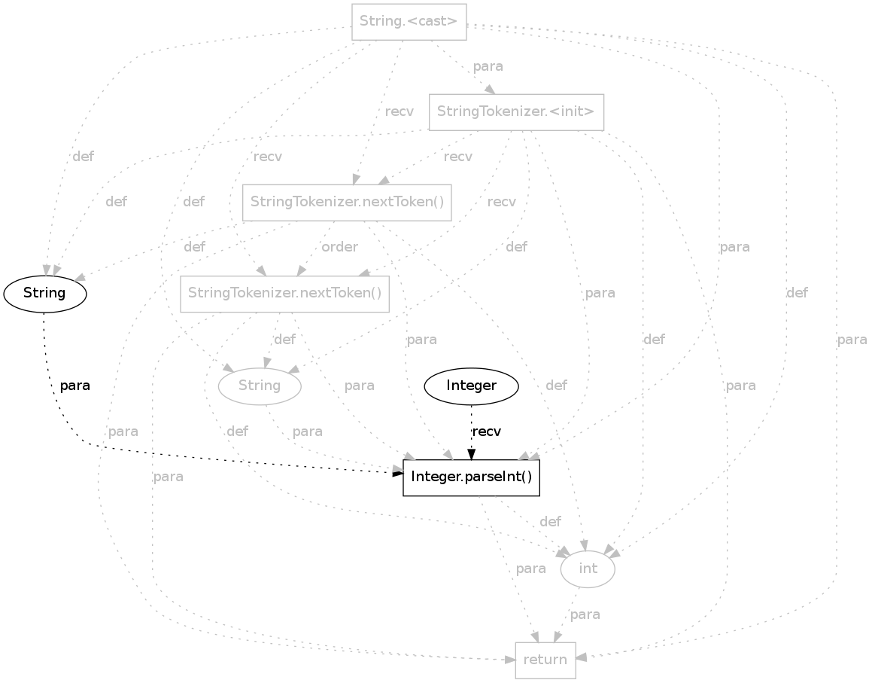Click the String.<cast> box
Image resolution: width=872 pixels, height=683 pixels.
pyautogui.click(x=409, y=21)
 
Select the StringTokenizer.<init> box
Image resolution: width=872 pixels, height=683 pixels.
pyautogui.click(x=516, y=112)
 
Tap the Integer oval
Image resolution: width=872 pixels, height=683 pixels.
pyautogui.click(x=472, y=386)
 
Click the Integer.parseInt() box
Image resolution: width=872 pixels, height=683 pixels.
pyautogui.click(x=472, y=478)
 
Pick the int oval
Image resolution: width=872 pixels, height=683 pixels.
pyautogui.click(x=588, y=569)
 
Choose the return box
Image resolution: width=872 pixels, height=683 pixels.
pyautogui.click(x=545, y=660)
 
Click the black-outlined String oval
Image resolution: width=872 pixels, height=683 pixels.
pyautogui.click(x=45, y=293)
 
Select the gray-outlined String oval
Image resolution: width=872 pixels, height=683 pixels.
pyautogui.click(x=260, y=386)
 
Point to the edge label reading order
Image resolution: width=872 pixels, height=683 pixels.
pyautogui.click(x=339, y=247)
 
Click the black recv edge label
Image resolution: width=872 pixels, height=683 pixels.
pyautogui.click(x=486, y=431)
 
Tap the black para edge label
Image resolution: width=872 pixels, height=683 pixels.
pyautogui.click(x=74, y=386)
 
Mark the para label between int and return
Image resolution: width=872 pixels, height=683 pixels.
pyautogui.click(x=585, y=614)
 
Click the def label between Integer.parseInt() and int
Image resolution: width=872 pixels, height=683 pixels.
pyautogui.click(x=550, y=522)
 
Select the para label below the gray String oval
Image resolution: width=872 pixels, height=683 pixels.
pyautogui.click(x=307, y=431)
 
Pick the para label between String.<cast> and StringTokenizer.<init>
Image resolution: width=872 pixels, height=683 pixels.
pyautogui.click(x=488, y=66)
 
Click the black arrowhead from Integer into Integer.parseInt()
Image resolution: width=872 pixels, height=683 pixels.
pyautogui.click(x=472, y=454)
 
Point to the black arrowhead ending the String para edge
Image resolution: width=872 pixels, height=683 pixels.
pyautogui.click(x=398, y=472)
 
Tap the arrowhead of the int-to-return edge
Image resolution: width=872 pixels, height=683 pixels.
pyautogui.click(x=558, y=637)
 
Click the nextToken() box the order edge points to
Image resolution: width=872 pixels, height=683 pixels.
pyautogui.click(x=285, y=293)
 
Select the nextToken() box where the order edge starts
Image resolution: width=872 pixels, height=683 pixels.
pyautogui.click(x=347, y=202)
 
